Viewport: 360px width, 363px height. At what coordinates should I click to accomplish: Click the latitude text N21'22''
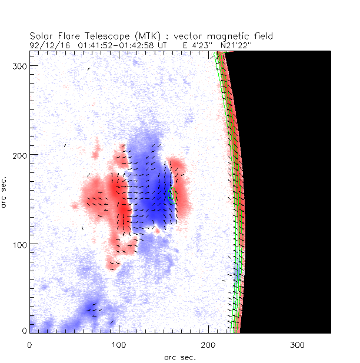[x=235, y=44]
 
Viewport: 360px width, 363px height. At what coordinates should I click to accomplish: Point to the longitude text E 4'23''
[x=198, y=44]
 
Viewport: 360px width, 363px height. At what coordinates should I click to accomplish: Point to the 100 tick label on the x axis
[x=119, y=344]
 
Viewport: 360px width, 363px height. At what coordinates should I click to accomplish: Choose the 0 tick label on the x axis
[x=30, y=344]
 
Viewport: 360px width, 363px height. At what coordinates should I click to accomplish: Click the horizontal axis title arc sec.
[x=179, y=357]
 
